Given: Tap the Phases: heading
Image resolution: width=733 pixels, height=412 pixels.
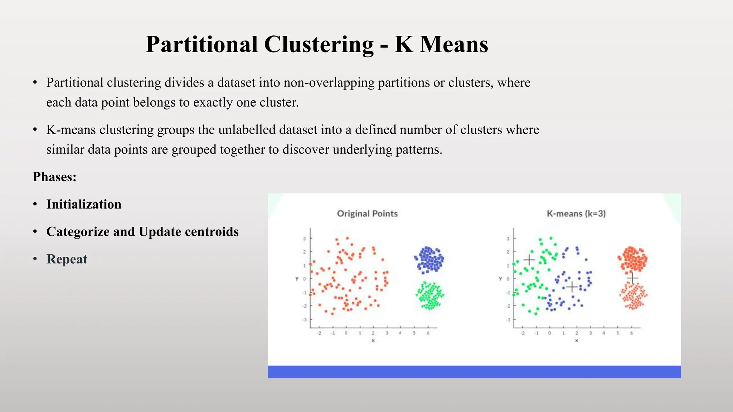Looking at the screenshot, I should (55, 177).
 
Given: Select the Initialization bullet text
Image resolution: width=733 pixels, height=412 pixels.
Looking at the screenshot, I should (84, 204).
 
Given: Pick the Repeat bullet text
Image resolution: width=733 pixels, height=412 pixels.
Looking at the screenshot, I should (67, 259).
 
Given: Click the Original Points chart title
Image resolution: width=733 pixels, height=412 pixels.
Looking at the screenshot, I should (367, 214).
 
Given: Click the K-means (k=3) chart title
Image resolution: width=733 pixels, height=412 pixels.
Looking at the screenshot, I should (576, 214).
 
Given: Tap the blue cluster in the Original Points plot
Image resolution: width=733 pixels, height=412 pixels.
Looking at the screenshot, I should (429, 259).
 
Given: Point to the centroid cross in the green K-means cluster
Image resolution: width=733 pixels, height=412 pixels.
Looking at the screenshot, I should (529, 260).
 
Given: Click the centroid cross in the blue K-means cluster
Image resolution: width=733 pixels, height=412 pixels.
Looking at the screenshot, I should (572, 287).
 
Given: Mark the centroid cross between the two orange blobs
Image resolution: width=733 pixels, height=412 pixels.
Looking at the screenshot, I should (632, 278).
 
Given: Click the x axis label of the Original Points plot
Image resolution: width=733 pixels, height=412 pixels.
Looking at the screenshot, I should (373, 341).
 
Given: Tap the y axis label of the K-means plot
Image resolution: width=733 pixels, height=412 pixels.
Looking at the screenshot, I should (500, 278).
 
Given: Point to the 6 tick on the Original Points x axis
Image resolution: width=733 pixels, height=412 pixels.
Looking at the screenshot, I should (428, 333).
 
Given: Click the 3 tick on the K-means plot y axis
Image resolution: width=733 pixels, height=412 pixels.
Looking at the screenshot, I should (508, 239).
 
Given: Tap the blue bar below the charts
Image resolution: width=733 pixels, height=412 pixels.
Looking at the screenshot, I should (474, 372).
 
